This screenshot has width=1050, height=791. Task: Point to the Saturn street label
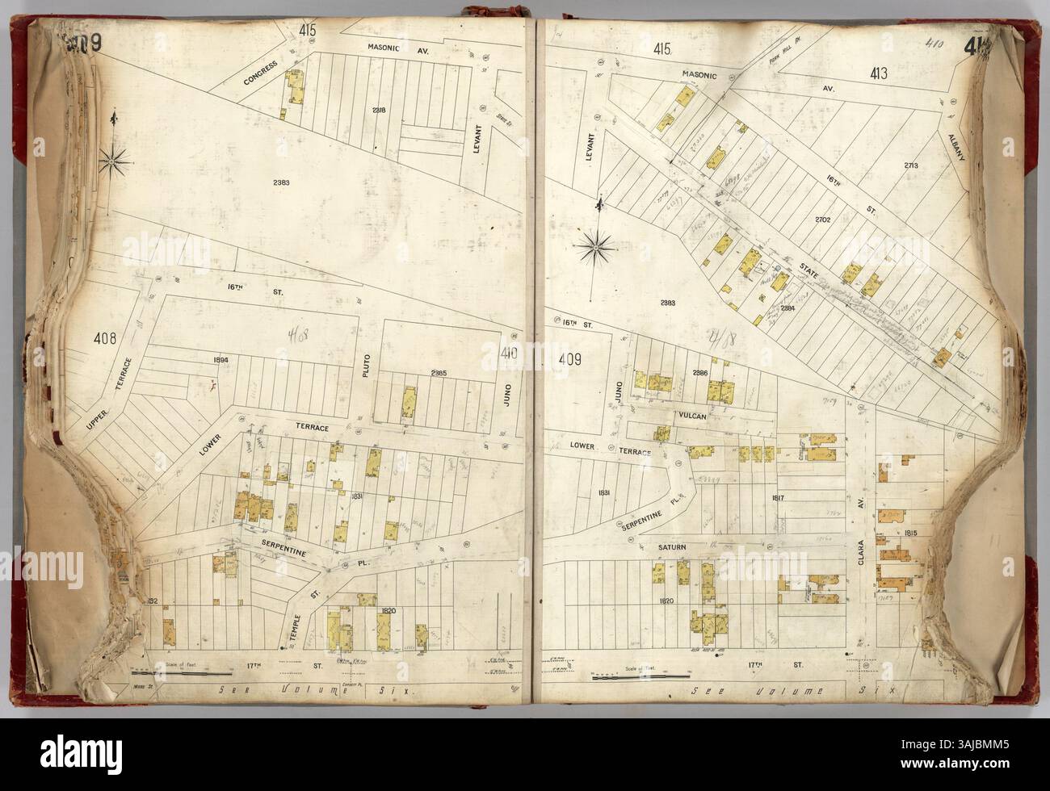coord(670,547)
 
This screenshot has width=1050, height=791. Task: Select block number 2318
coord(379,110)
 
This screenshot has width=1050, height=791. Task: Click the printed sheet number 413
coord(879,75)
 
